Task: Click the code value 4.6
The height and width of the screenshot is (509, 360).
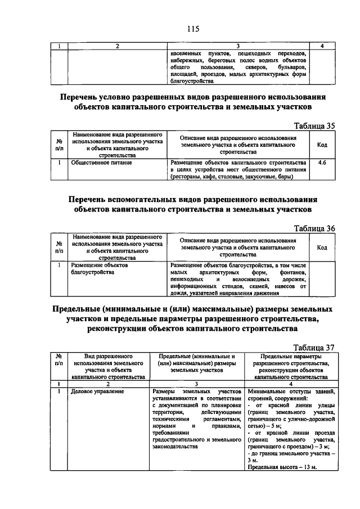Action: [322, 163]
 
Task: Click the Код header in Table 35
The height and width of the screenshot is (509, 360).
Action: [322, 145]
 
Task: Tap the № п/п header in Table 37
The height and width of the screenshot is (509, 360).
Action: [59, 360]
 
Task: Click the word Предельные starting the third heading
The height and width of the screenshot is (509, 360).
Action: [76, 309]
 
